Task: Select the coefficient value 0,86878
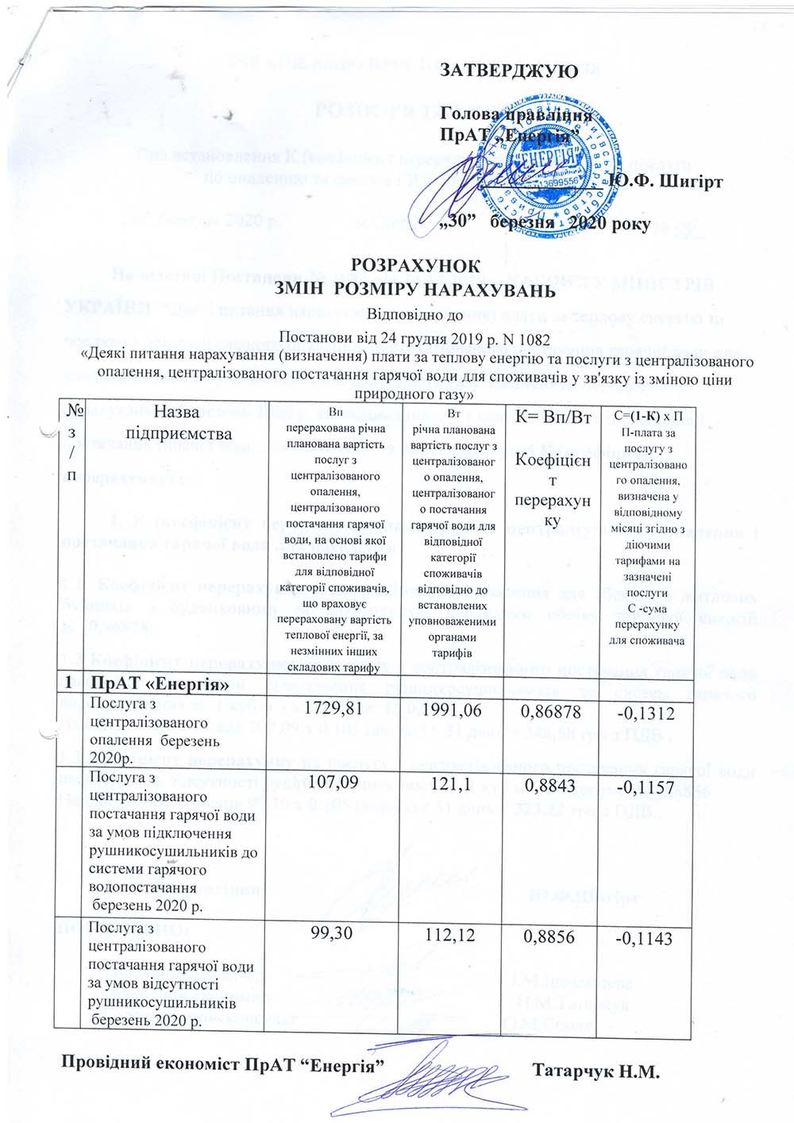pyautogui.click(x=547, y=707)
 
